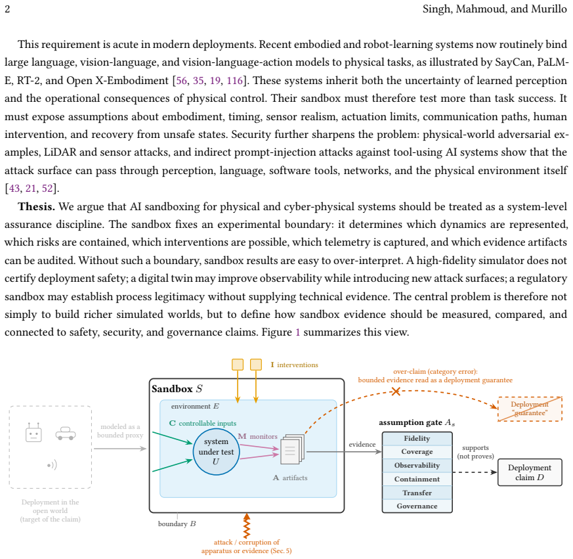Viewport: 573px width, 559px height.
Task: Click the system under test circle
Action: pos(216,451)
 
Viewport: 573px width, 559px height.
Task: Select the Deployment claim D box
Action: pos(530,472)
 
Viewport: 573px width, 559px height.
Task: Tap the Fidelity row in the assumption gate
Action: pos(417,438)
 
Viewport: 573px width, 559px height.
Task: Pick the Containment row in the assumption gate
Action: pos(417,479)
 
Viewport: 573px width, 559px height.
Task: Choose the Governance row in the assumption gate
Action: pos(417,506)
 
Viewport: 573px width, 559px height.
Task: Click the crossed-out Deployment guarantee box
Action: pos(530,409)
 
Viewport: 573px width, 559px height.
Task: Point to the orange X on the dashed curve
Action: pos(396,391)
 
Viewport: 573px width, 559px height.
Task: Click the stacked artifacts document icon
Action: pos(292,449)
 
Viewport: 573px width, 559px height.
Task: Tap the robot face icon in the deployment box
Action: pos(33,433)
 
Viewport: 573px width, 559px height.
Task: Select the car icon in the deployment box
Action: pos(66,434)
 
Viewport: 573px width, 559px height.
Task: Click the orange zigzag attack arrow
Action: pos(247,525)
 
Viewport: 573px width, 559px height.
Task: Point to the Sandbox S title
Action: pos(177,388)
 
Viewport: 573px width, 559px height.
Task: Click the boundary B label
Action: pos(177,524)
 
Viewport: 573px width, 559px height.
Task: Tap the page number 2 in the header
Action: pos(7,9)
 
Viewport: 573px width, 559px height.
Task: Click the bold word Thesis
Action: pos(37,207)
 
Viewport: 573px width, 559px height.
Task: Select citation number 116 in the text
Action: pos(234,81)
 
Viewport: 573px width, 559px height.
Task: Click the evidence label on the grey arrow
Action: pos(362,444)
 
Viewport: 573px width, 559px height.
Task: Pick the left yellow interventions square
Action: pos(238,365)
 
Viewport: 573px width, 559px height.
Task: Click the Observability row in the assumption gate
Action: pos(417,465)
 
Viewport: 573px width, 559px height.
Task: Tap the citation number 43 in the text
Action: pos(14,189)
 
